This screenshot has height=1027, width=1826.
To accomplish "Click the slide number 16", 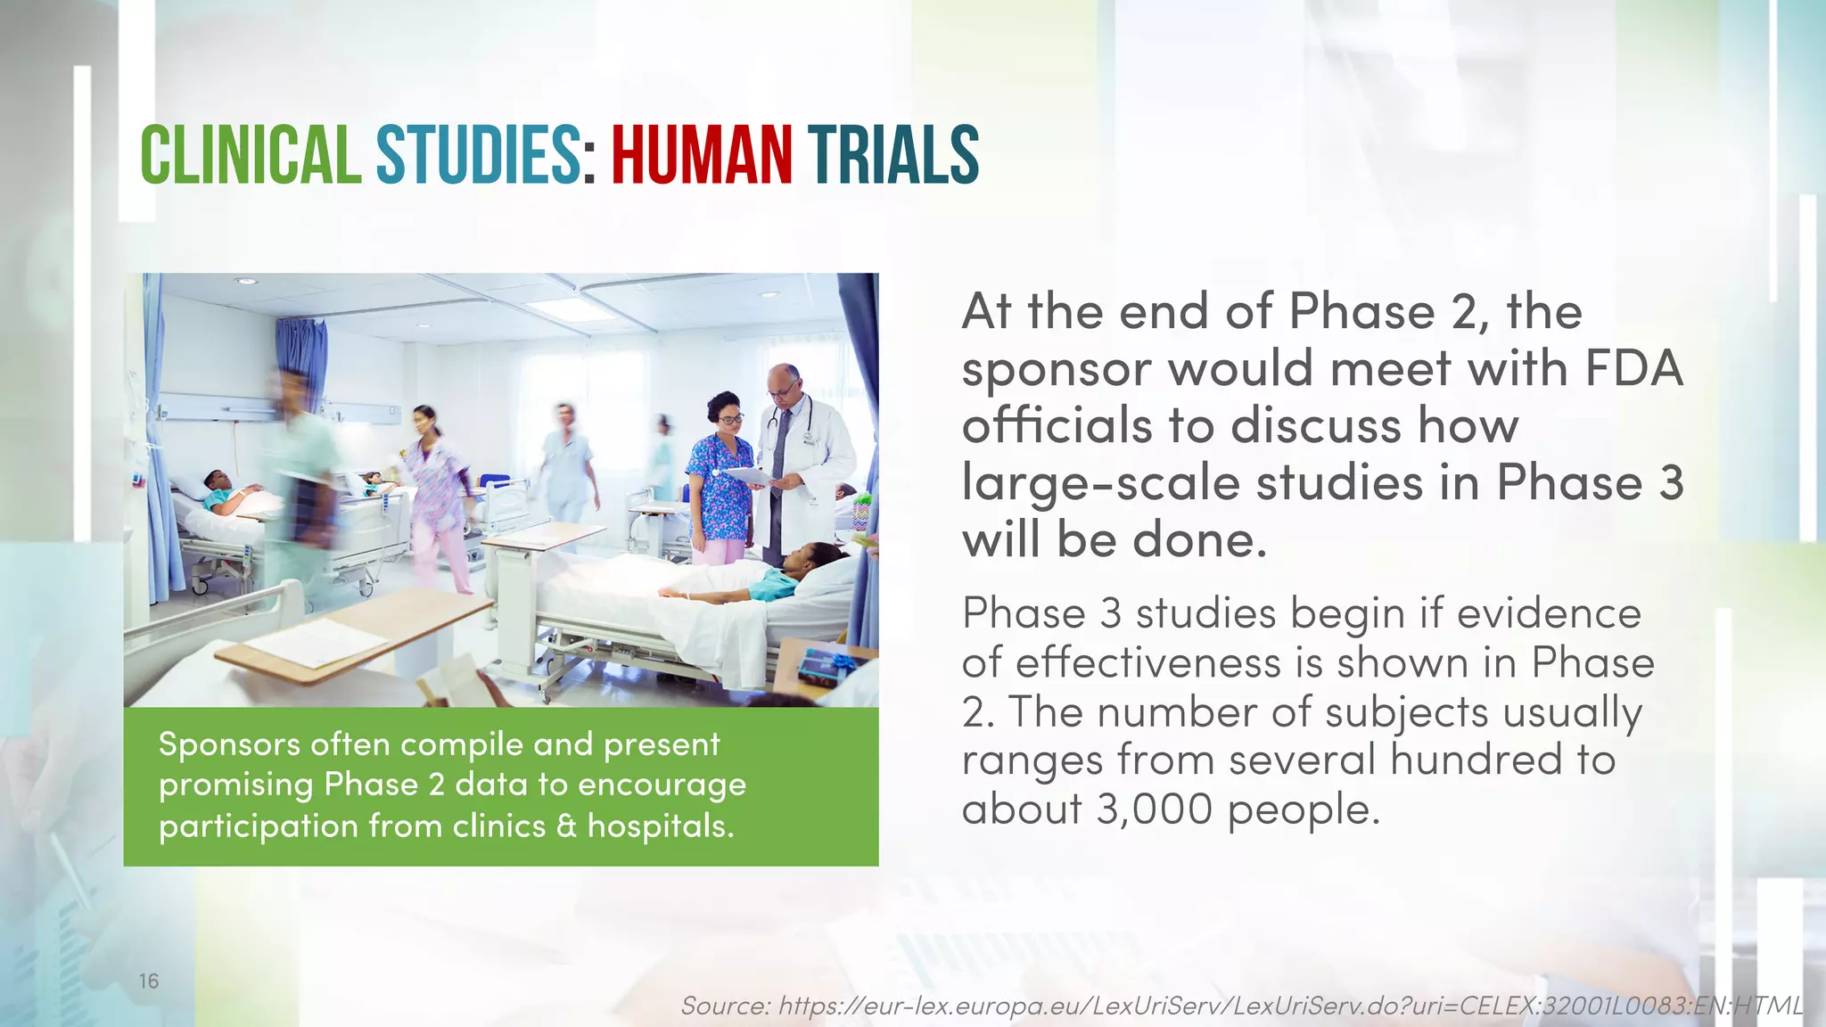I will coord(149,982).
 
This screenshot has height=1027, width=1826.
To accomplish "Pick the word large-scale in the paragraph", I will coord(1101,483).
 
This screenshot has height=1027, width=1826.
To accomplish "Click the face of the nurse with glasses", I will coord(728,415).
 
